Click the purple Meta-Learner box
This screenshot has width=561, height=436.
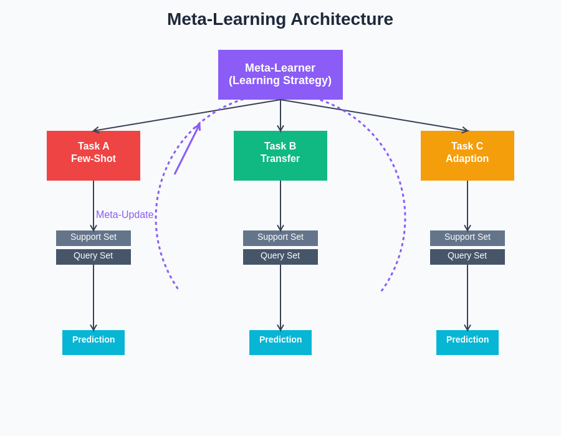pos(280,75)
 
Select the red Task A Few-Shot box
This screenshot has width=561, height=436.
pos(93,156)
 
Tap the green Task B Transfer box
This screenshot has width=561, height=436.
pos(280,156)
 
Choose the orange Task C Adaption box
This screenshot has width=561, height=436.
pos(467,156)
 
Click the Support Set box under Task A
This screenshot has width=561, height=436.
pos(93,238)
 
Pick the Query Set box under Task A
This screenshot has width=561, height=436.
pos(93,257)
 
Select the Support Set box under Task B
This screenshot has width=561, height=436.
pos(280,238)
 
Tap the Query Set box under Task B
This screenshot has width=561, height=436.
pos(280,257)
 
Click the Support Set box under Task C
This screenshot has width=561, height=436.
pos(467,238)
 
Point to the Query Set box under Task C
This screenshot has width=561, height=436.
pos(467,257)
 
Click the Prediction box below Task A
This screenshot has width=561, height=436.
pos(93,342)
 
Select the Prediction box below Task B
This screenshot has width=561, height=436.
pos(280,342)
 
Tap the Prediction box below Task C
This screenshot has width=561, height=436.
pos(467,342)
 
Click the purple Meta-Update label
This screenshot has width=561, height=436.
pos(125,215)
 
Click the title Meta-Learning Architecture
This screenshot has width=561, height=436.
pos(280,19)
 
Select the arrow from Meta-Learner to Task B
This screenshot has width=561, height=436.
pos(280,116)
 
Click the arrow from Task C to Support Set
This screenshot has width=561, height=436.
pos(467,206)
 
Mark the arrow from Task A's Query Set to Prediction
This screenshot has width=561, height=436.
pos(93,297)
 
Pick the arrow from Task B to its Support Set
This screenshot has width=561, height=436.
pos(280,206)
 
